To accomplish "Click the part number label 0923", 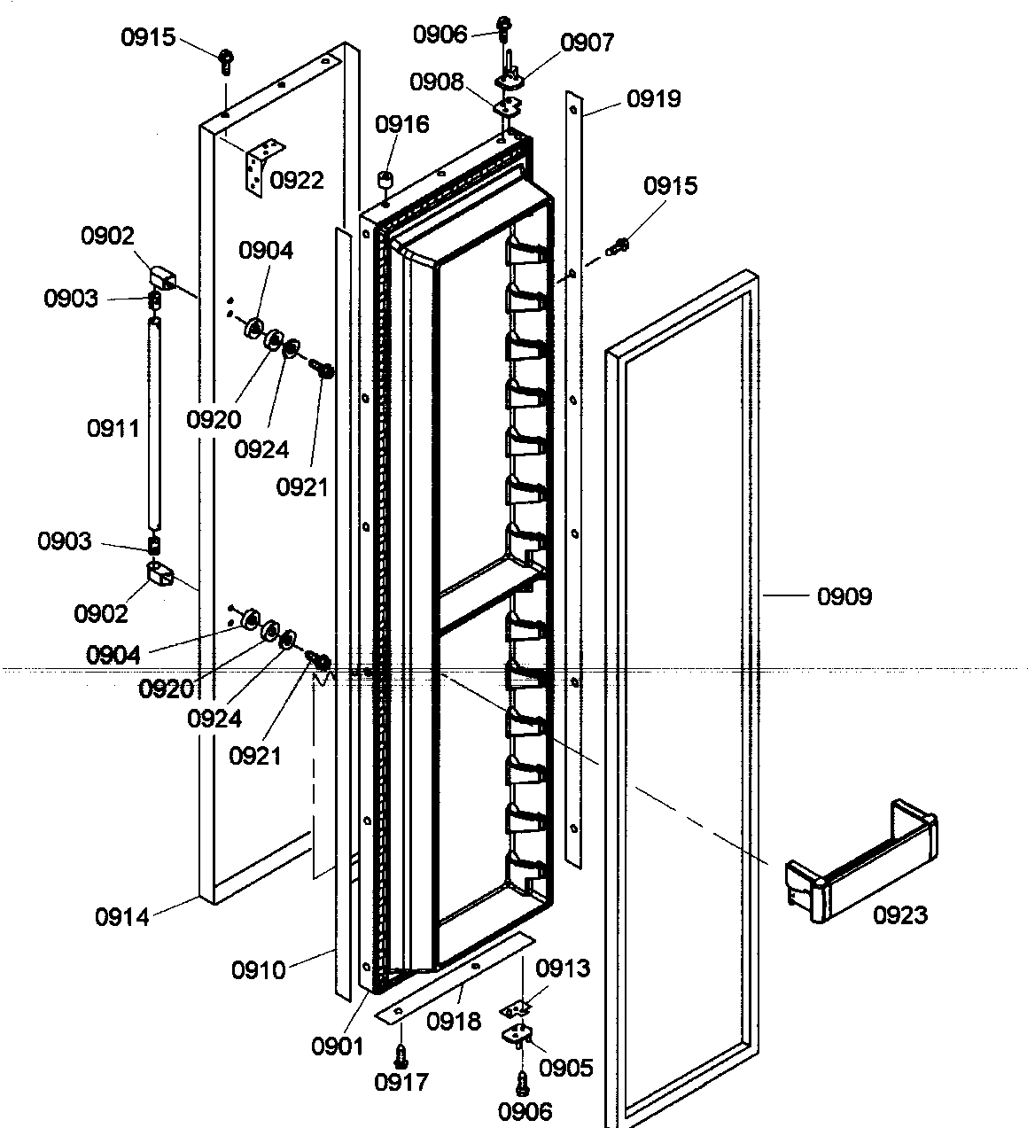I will pos(900,914).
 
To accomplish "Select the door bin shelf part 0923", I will pos(860,860).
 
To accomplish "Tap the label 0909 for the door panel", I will pos(844,596).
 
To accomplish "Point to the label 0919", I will pos(653,98).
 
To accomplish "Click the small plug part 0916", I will pos(385,180).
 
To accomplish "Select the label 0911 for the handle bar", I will pos(113,429).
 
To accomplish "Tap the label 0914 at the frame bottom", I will pos(122,916).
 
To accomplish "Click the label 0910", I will pos(259,970).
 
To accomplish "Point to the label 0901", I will pos(337,1046).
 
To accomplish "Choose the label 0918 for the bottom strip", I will pos(453,1022).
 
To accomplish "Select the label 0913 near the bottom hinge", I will pos(563,969).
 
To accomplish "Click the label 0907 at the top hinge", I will pos(586,42).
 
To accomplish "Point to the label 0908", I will pos(436,82).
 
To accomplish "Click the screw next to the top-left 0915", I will pos(225,61).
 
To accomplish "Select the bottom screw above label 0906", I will pos(522,1080).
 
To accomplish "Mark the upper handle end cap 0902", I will pos(162,276).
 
